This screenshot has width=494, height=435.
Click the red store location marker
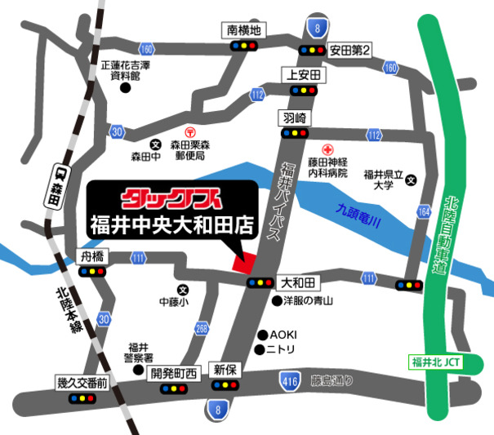[243, 263]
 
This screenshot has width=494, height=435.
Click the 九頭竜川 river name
[360, 215]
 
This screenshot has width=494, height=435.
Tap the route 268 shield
[202, 329]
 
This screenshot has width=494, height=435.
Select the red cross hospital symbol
[327, 150]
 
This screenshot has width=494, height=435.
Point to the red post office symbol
[190, 131]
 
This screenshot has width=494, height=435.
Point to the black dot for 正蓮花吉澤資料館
[125, 87]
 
